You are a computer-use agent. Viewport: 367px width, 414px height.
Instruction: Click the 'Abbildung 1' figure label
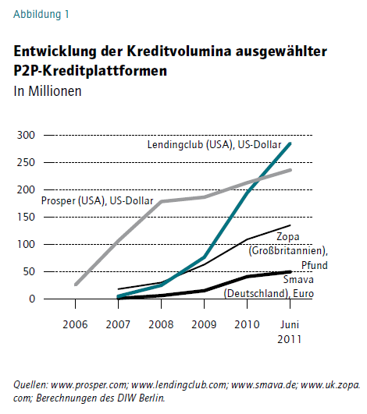click(x=41, y=14)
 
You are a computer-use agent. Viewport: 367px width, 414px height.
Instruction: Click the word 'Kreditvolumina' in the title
click(x=179, y=51)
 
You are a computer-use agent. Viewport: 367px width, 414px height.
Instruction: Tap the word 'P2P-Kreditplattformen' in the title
click(x=90, y=71)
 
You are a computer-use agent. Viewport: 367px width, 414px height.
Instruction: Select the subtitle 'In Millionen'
click(x=48, y=91)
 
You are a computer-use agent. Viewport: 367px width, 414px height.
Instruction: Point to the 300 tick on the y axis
click(x=26, y=135)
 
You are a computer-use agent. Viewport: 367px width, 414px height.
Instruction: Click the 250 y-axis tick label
click(x=26, y=162)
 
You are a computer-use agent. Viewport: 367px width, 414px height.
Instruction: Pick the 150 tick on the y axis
click(x=26, y=217)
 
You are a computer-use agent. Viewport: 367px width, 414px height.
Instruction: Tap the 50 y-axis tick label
click(x=29, y=271)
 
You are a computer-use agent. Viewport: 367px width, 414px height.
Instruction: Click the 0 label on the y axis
click(x=32, y=299)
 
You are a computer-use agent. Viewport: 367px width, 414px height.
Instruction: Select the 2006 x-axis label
click(x=75, y=324)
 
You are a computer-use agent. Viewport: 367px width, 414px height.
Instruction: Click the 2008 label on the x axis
click(x=161, y=324)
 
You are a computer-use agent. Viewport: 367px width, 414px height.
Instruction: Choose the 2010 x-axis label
click(x=247, y=324)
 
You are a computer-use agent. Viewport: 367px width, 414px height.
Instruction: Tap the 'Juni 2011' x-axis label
click(x=290, y=332)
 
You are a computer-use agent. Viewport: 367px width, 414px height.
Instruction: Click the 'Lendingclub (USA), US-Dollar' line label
click(x=214, y=145)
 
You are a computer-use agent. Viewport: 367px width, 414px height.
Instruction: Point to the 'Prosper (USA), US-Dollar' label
click(x=98, y=201)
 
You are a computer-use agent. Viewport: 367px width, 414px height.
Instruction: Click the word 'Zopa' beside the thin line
click(x=288, y=236)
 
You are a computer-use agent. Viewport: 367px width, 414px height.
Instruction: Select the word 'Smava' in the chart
click(x=298, y=279)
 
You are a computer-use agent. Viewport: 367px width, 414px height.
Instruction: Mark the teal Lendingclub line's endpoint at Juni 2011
click(x=290, y=143)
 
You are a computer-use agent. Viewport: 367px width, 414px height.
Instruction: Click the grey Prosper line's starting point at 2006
click(x=76, y=285)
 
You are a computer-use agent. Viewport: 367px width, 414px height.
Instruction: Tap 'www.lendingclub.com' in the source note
click(x=180, y=385)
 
